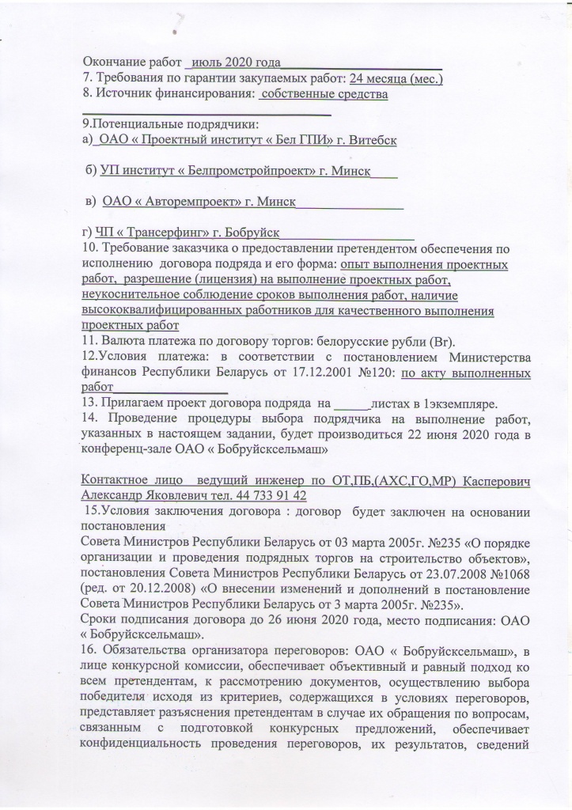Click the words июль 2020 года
click(x=238, y=62)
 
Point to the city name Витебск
click(x=369, y=140)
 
